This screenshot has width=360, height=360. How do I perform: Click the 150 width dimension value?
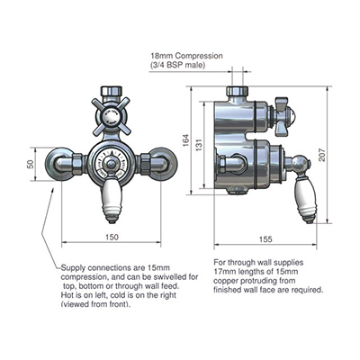pyautogui.click(x=112, y=237)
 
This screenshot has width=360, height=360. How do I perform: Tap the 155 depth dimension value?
pyautogui.click(x=265, y=239)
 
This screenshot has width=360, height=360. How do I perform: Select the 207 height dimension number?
pyautogui.click(x=322, y=155)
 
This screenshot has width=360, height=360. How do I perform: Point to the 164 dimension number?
pyautogui.click(x=186, y=140)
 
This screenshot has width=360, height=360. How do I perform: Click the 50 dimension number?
pyautogui.click(x=31, y=164)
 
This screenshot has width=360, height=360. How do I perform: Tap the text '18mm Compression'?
pyautogui.click(x=187, y=56)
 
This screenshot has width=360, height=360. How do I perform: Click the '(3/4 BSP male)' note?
pyautogui.click(x=178, y=65)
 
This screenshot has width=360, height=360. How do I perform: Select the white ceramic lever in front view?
pyautogui.click(x=112, y=199)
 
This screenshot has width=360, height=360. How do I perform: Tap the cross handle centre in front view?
pyautogui.click(x=112, y=115)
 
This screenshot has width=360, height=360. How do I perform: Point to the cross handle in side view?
pyautogui.click(x=282, y=116)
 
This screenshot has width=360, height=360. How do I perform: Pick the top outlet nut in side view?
pyautogui.click(x=237, y=91)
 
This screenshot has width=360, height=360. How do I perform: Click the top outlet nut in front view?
pyautogui.click(x=112, y=91)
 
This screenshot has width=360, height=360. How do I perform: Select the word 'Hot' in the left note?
pyautogui.click(x=67, y=295)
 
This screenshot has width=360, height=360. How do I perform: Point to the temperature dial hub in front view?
pyautogui.click(x=112, y=164)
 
